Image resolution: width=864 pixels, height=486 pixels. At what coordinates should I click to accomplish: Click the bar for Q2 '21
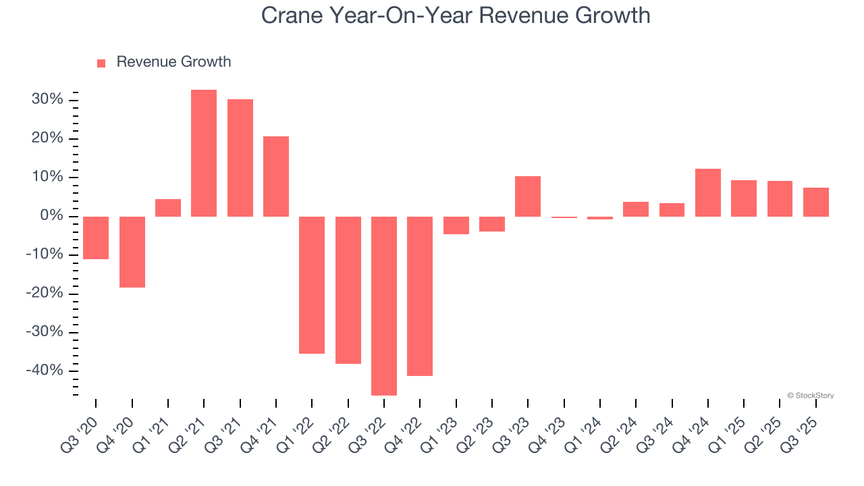204,153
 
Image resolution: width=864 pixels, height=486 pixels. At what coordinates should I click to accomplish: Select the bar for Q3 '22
384,306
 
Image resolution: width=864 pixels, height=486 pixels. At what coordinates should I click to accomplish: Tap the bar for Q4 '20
132,252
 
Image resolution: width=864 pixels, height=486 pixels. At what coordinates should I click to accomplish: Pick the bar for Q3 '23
528,196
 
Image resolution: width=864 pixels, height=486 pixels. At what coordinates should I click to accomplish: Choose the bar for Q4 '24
708,192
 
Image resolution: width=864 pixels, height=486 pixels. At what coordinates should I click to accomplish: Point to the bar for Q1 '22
312,285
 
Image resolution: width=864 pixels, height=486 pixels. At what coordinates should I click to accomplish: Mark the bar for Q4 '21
276,176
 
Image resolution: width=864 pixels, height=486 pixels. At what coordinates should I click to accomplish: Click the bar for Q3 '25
816,202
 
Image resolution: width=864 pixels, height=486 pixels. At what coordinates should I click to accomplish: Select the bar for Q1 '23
456,225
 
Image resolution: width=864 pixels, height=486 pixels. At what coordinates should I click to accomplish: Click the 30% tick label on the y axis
47,100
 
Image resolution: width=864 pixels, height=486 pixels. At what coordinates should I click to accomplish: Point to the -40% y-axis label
45,371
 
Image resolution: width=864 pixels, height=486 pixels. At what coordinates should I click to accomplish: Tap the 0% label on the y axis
51,216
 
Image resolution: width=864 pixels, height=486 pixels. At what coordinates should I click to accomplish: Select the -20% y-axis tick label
45,293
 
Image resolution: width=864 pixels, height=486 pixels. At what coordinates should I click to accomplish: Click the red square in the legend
101,63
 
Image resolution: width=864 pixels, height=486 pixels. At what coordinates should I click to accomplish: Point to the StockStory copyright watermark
810,396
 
